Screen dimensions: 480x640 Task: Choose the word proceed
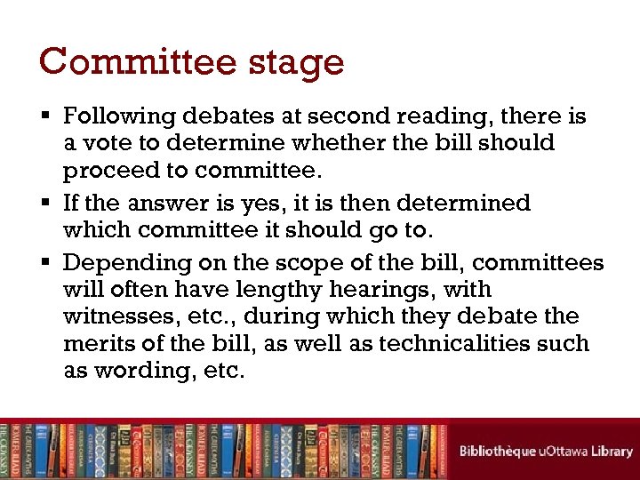click(105, 171)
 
